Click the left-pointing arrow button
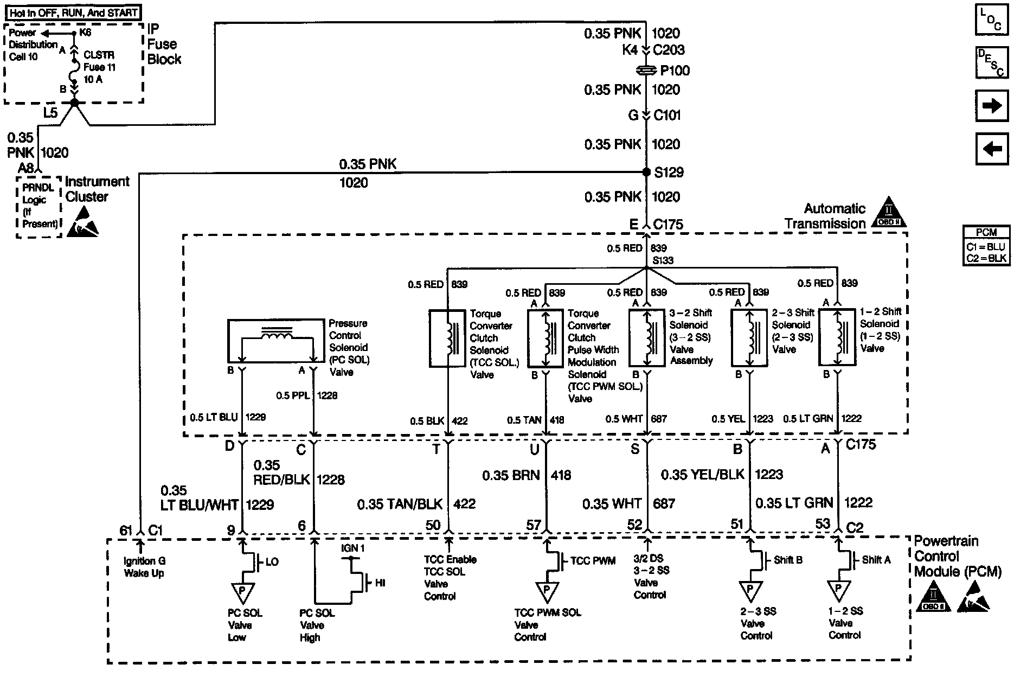click(991, 148)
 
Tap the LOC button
click(991, 20)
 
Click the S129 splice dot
click(646, 172)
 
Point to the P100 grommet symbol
click(646, 71)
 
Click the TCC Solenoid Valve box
click(447, 339)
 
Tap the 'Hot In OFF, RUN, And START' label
click(74, 12)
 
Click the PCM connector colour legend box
click(986, 245)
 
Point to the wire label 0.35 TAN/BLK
click(400, 504)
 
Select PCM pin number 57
click(534, 525)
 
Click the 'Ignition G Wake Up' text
click(144, 567)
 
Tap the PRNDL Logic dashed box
click(38, 206)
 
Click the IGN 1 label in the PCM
click(352, 548)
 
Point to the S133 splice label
click(663, 261)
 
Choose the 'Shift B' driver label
click(788, 559)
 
